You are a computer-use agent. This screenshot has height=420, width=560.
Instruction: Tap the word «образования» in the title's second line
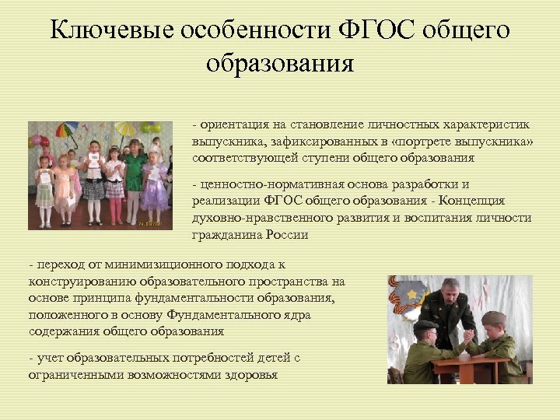(280, 63)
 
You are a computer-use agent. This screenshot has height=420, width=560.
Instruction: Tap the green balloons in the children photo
(151, 126)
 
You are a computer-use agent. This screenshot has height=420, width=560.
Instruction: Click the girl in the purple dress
(154, 183)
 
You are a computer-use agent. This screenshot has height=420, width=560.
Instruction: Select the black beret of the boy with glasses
(424, 325)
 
